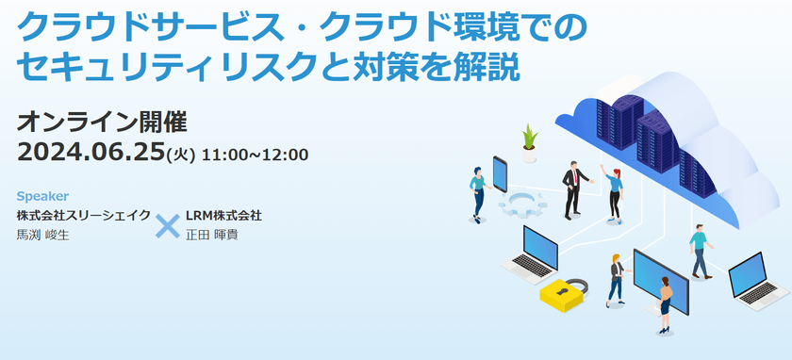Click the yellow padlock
point(563,294)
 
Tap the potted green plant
point(529,143)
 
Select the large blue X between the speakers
point(167,226)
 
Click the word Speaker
point(42,196)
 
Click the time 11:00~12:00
point(255,155)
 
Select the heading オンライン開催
point(102,122)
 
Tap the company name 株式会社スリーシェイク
point(83,216)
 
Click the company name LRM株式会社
point(223,216)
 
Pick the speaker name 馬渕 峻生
point(43,235)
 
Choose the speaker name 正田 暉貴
point(211,235)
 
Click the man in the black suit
point(573,189)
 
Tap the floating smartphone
point(500,174)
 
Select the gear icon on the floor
point(522,205)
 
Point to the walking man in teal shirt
point(700,252)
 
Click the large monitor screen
point(661,281)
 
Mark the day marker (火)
point(181,155)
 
